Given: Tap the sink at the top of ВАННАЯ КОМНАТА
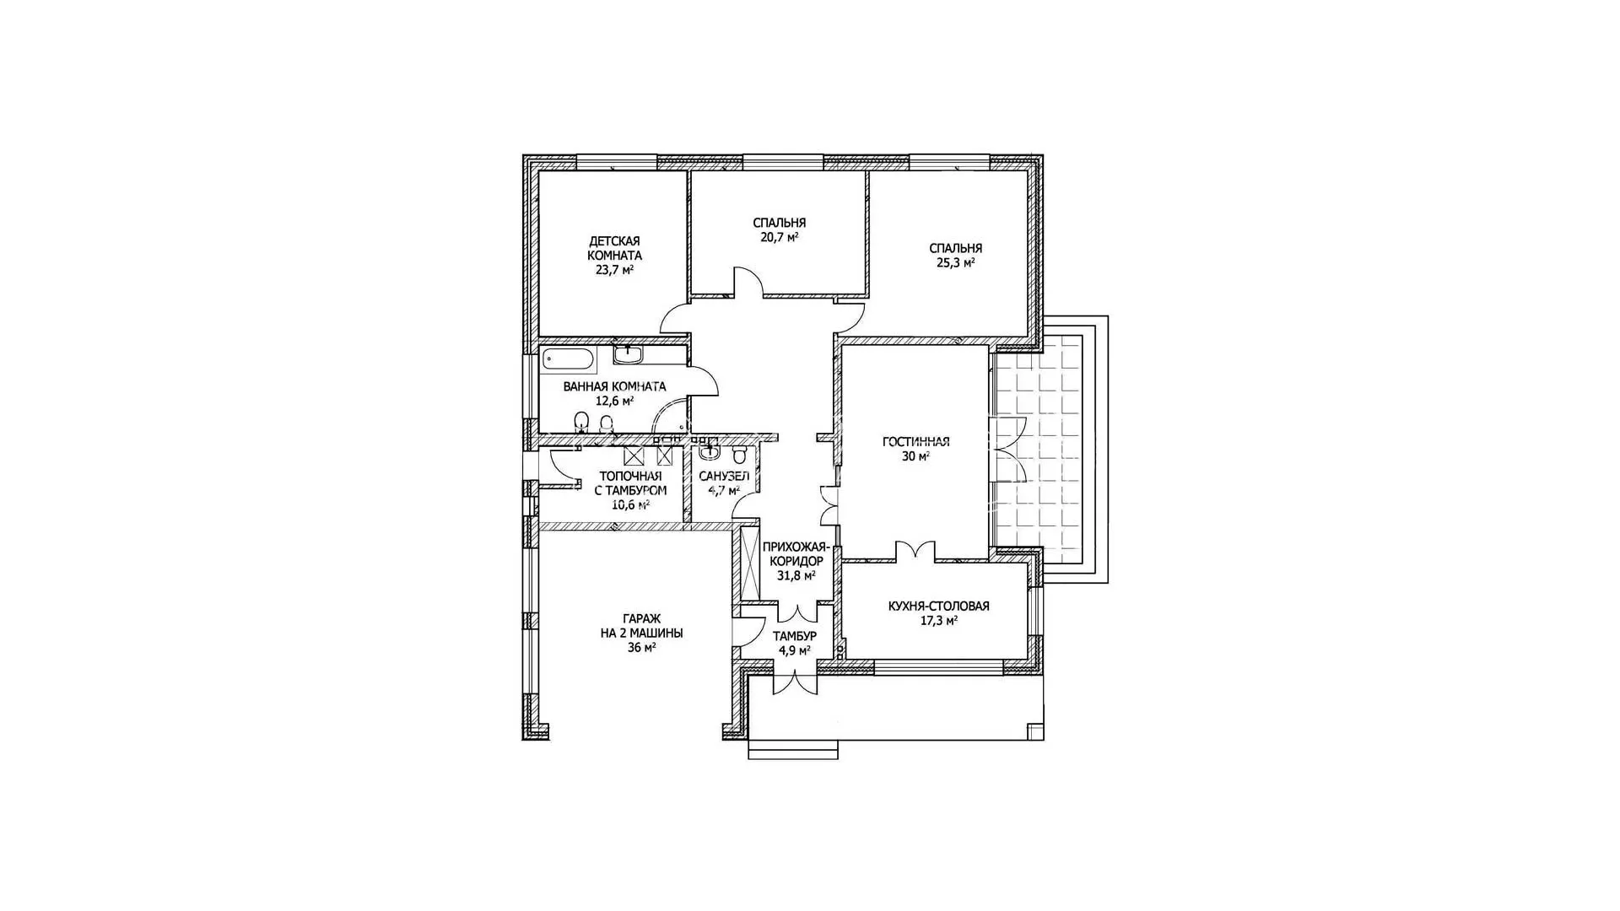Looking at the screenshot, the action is [629, 354].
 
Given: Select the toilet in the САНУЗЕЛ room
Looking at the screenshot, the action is [740, 455].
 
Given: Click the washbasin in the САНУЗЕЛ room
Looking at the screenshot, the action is [708, 451].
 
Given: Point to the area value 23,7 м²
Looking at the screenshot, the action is [614, 271].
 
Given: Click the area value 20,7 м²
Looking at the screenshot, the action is [779, 238].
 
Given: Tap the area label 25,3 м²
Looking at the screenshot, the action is [955, 263].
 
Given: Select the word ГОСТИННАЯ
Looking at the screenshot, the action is [915, 441].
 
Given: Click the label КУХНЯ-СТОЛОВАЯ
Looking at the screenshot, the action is [938, 606].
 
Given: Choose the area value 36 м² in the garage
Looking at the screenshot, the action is [641, 648].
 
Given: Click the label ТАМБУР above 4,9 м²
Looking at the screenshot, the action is [794, 636].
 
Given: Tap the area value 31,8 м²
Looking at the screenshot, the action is [796, 576].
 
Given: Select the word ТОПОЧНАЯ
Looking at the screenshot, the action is [630, 476].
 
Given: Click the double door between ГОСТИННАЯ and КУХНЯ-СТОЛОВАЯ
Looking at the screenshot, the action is [915, 550].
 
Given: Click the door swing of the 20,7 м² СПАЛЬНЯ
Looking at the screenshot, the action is [747, 282].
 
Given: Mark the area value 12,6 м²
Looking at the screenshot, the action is [613, 402].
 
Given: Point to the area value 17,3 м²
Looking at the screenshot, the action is [938, 621].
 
